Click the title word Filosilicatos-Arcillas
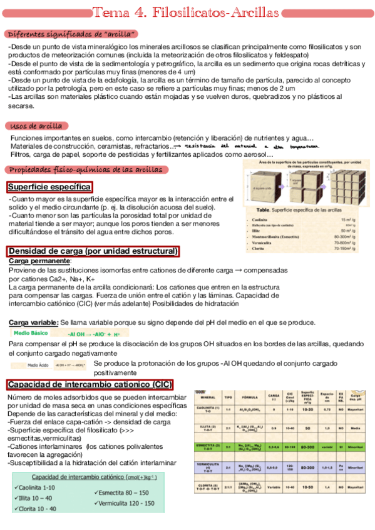tap(216, 12)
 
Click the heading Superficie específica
tap(49, 187)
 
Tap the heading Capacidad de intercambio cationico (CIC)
tap(90, 384)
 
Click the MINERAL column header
tap(208, 397)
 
